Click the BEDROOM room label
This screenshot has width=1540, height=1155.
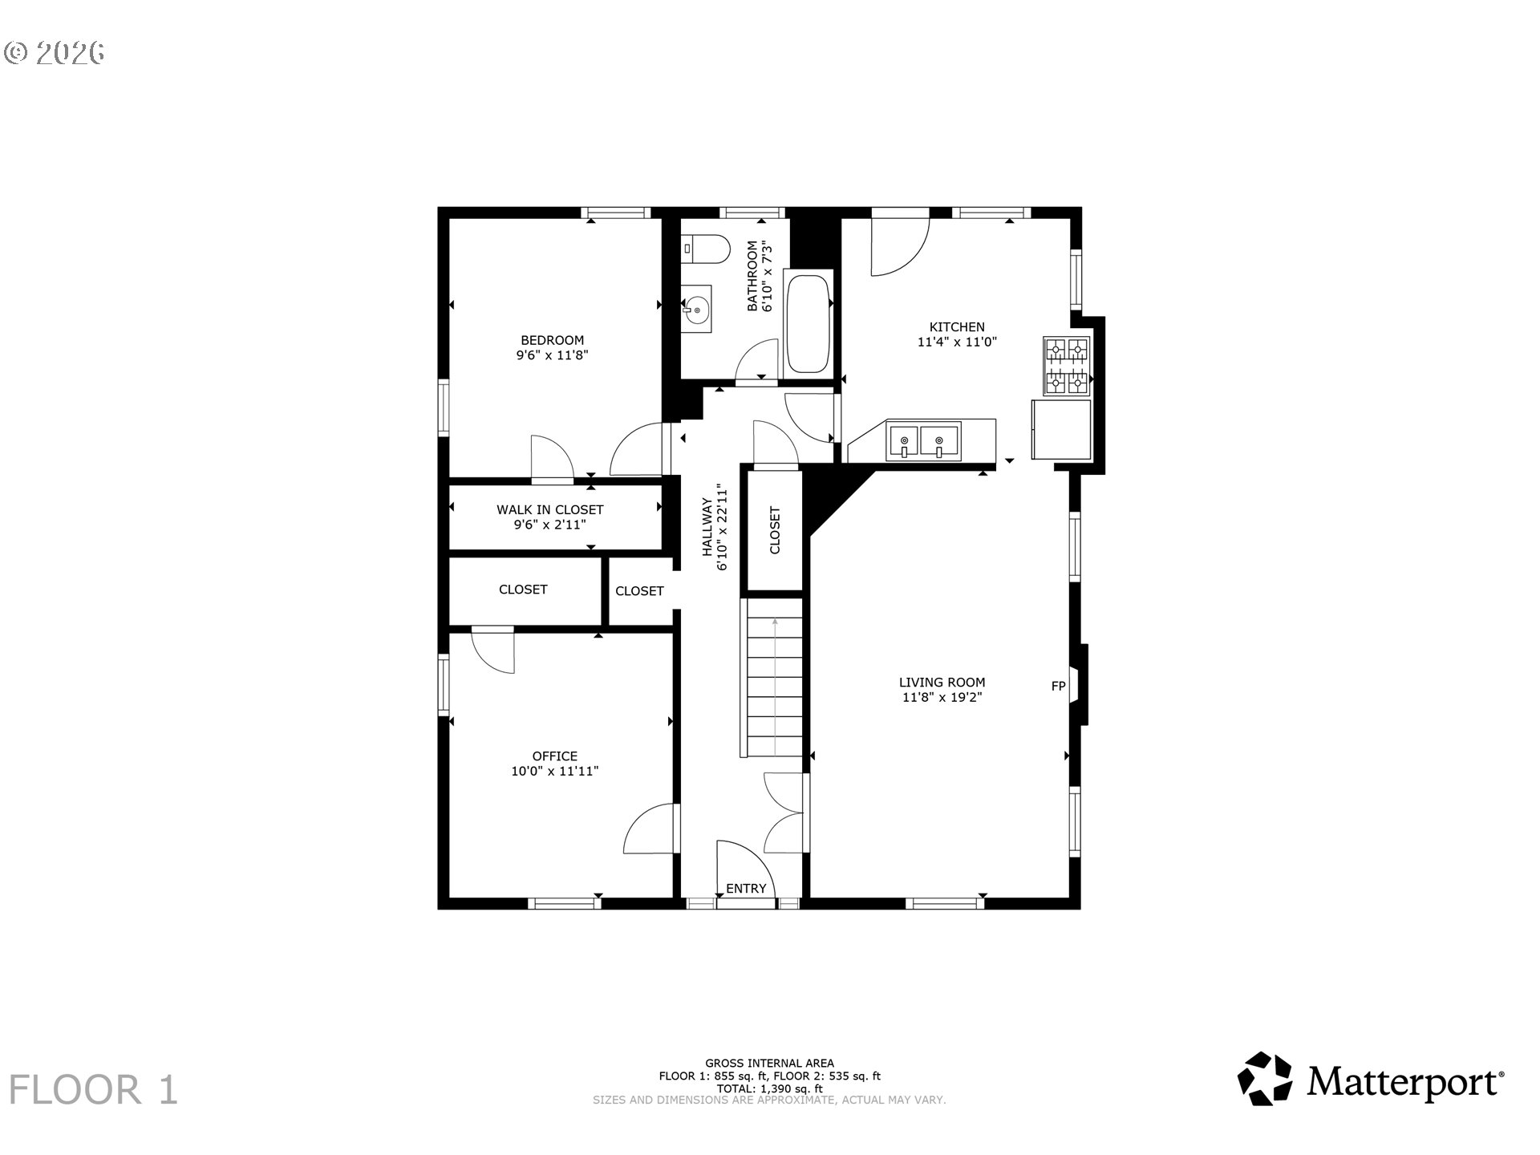point(552,340)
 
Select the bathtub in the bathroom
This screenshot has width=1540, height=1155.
point(808,324)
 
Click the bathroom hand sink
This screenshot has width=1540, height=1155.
point(696,309)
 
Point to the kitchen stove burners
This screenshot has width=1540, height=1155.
point(1067,367)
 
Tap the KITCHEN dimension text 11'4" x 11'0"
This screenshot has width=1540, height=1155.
point(957,342)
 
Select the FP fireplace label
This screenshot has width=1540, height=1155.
point(1058,686)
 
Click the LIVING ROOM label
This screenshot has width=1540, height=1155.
point(942,683)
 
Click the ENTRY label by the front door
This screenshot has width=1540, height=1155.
point(746,889)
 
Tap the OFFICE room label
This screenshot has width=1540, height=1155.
point(555,756)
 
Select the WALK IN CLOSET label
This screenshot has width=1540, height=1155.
point(549,510)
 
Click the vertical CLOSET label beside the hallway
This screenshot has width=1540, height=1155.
point(775,530)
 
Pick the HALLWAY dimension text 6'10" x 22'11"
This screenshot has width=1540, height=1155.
point(723,528)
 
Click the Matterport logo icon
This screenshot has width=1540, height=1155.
point(1265,1079)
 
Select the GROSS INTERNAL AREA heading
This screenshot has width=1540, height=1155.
point(769,1064)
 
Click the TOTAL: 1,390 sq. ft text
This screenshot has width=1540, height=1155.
point(769,1088)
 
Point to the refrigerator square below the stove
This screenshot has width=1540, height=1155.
point(1061,429)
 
